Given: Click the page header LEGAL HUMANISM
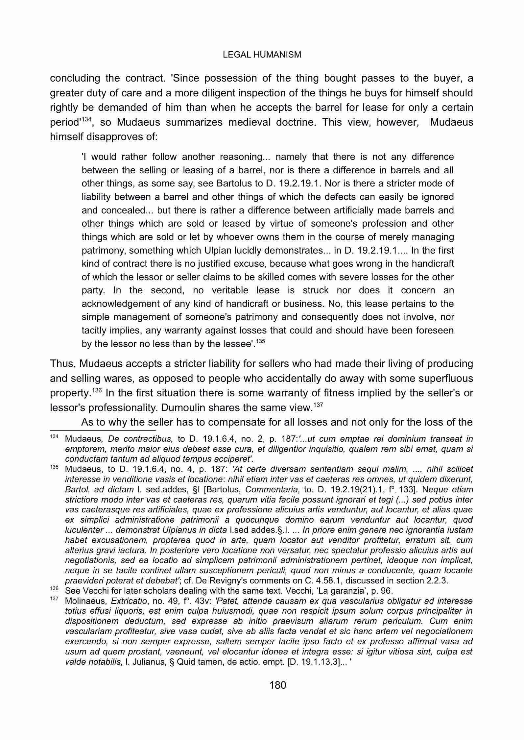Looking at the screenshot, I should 262,55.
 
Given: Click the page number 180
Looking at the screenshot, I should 278,685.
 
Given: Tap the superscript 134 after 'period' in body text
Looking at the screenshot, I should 86,119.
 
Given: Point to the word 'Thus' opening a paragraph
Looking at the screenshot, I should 63,364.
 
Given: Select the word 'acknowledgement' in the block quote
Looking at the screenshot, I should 116,304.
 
